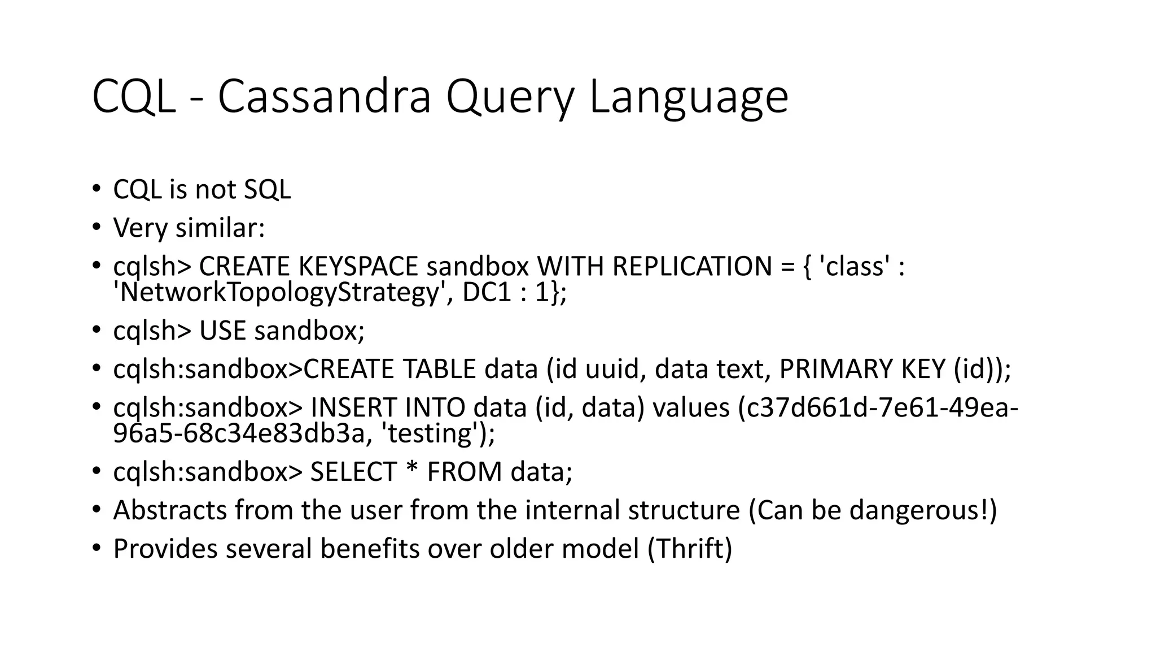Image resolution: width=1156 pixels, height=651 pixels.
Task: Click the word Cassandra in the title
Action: click(x=325, y=97)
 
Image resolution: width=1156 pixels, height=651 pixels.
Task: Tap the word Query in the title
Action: click(x=510, y=97)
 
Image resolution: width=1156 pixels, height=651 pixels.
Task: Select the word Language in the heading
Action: click(x=688, y=97)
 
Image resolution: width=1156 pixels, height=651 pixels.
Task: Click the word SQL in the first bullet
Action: click(x=267, y=189)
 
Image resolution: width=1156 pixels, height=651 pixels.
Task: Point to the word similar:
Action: click(x=220, y=228)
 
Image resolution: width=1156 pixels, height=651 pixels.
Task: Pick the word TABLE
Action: click(x=440, y=369)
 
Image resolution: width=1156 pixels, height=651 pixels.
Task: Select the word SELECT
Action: click(x=354, y=472)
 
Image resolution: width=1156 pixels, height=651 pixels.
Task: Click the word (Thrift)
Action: click(x=690, y=549)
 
